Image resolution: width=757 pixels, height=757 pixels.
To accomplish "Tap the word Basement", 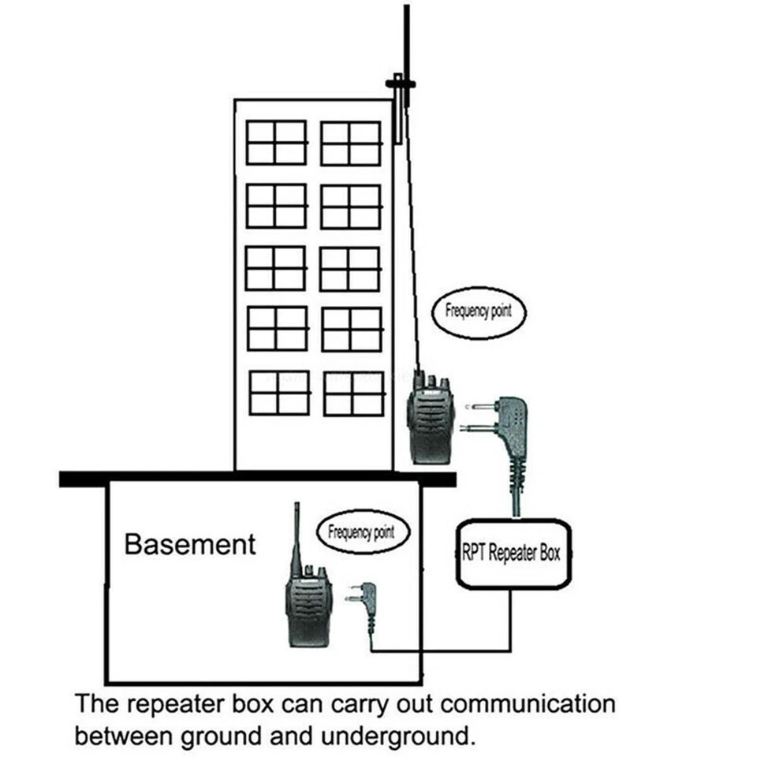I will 190,544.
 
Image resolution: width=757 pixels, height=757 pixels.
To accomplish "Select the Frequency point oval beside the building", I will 479,311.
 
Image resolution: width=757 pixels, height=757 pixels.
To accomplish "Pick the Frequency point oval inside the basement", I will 362,532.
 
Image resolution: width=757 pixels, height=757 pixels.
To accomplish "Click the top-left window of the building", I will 276,143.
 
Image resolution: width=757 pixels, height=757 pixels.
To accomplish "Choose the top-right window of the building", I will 351,144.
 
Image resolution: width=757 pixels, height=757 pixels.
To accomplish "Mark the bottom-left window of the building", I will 279,393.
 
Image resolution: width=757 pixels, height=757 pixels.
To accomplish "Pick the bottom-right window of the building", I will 353,393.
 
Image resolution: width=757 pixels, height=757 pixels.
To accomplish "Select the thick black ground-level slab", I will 257,479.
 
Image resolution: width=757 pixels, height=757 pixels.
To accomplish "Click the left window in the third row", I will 275,268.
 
